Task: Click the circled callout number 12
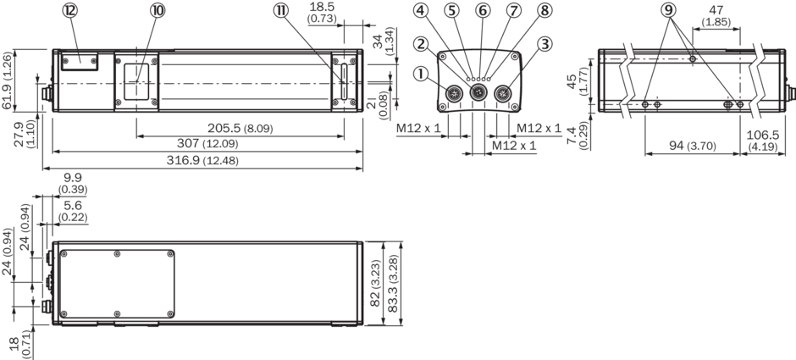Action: pyautogui.click(x=70, y=11)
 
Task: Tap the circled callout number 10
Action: pyautogui.click(x=158, y=11)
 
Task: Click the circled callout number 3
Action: pyautogui.click(x=544, y=44)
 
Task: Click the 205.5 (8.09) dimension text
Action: pyautogui.click(x=240, y=129)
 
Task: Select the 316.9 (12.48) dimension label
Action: pyautogui.click(x=202, y=161)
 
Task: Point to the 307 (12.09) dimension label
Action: pyautogui.click(x=207, y=144)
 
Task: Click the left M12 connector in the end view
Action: pyautogui.click(x=453, y=94)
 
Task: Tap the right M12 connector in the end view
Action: pyautogui.click(x=503, y=94)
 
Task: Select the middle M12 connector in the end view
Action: pyautogui.click(x=478, y=92)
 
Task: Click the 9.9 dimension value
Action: pyautogui.click(x=73, y=178)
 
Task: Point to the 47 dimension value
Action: pyautogui.click(x=716, y=11)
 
